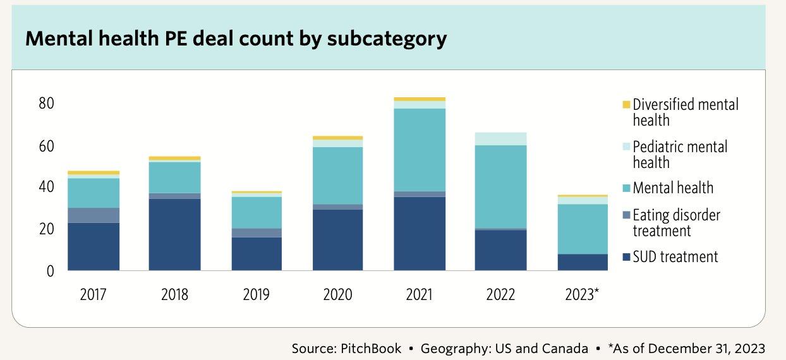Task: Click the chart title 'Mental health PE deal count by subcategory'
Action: pyautogui.click(x=236, y=39)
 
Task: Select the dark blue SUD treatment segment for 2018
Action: pyautogui.click(x=174, y=234)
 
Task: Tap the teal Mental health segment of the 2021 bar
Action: pyautogui.click(x=419, y=150)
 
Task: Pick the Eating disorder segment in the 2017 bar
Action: pyautogui.click(x=94, y=215)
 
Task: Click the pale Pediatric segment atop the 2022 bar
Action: pyautogui.click(x=500, y=139)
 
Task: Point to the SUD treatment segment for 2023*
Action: pyautogui.click(x=582, y=262)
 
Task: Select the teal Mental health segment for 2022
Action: pyautogui.click(x=500, y=186)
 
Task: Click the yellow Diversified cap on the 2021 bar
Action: pyautogui.click(x=419, y=99)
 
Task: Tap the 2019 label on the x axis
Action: pyautogui.click(x=256, y=294)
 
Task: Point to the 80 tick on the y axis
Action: pyautogui.click(x=46, y=103)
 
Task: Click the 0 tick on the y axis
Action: pyautogui.click(x=51, y=271)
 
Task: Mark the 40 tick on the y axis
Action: pyautogui.click(x=46, y=187)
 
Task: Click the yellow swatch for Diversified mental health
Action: pyautogui.click(x=627, y=104)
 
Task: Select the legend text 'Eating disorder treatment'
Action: pyautogui.click(x=676, y=223)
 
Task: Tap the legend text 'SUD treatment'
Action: pyautogui.click(x=675, y=256)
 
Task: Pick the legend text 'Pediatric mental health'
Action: pyautogui.click(x=680, y=155)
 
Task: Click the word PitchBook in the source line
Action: pyautogui.click(x=370, y=349)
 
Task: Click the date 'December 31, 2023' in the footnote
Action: pyautogui.click(x=707, y=349)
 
